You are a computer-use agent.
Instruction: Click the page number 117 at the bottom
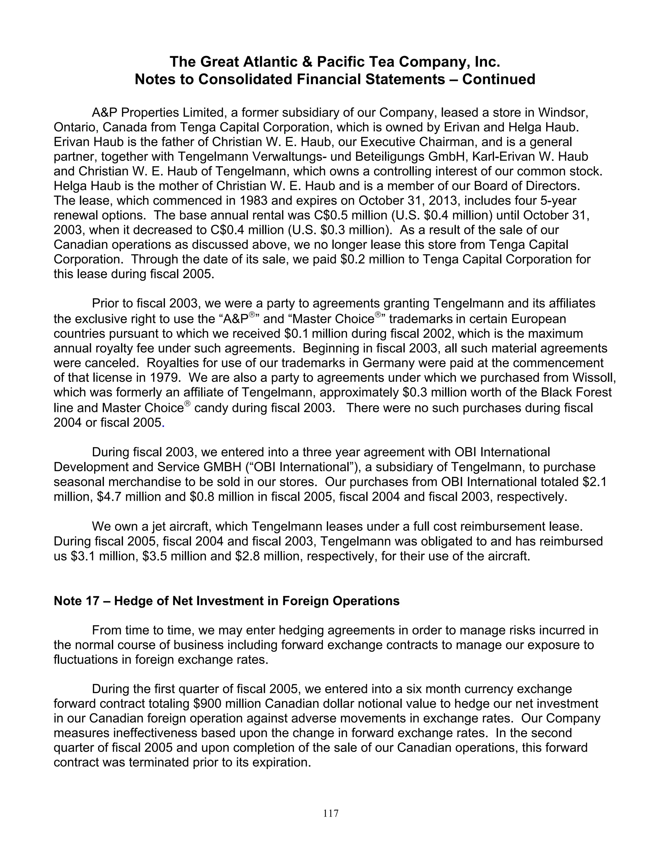(x=331, y=813)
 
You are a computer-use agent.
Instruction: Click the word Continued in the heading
(x=498, y=79)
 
